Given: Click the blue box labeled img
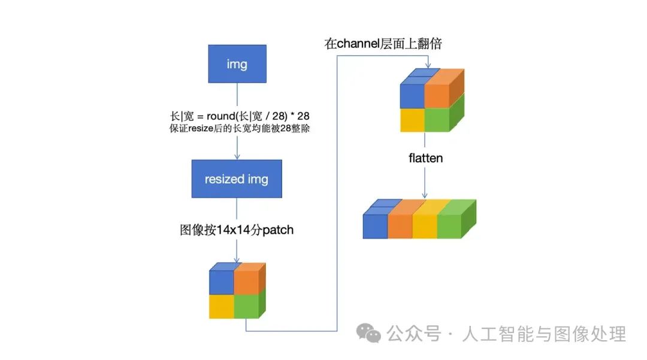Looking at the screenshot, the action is (x=237, y=64).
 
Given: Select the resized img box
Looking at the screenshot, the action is (x=237, y=179).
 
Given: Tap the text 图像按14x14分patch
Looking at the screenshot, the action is (x=237, y=229).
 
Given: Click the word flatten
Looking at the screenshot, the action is (x=425, y=159).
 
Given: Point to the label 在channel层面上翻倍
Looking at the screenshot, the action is (x=383, y=44).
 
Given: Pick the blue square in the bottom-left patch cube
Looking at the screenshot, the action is (x=221, y=282).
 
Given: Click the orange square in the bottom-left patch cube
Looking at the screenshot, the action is (x=246, y=282).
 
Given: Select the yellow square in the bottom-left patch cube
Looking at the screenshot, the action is (x=221, y=306).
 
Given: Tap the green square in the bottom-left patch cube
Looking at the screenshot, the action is (x=246, y=306).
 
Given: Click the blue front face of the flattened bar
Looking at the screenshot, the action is (x=375, y=226).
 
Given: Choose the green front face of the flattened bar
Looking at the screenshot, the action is (x=449, y=226).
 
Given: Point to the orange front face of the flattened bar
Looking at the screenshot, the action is (x=400, y=226).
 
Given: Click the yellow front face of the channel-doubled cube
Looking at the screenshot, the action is (x=412, y=119).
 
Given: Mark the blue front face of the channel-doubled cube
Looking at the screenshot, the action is (x=412, y=95).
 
